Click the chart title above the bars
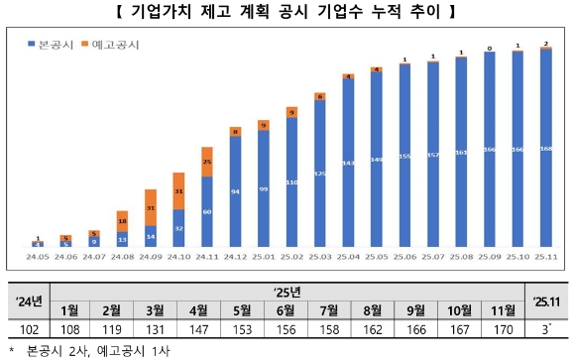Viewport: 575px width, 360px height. pyautogui.click(x=287, y=14)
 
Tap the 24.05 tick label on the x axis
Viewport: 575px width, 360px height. pyautogui.click(x=37, y=256)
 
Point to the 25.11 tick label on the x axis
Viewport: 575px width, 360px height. pyautogui.click(x=545, y=256)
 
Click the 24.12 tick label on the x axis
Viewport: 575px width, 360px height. pyautogui.click(x=234, y=256)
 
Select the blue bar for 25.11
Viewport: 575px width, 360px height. pyautogui.click(x=545, y=149)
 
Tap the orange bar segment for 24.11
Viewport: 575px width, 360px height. pyautogui.click(x=206, y=161)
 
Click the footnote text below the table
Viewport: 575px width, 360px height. pyautogui.click(x=90, y=349)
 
